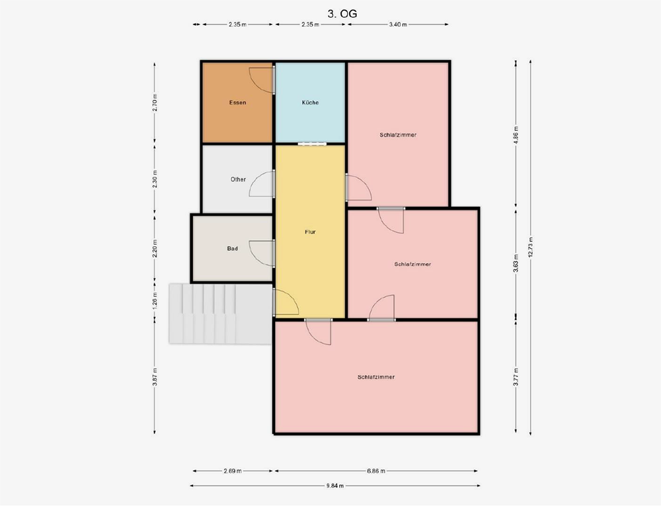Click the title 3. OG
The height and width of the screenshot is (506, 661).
pos(342,13)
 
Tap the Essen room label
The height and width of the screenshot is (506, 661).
pos(237,103)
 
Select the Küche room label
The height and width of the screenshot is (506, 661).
pos(310,103)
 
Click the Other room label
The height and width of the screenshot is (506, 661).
pos(238,179)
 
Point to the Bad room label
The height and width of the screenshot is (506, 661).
pos(232,249)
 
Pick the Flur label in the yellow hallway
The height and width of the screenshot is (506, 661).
pos(310,232)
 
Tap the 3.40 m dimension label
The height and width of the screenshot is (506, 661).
pos(398,24)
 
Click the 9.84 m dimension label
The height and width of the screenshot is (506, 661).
pos(334,485)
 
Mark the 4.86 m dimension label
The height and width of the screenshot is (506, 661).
pos(516,134)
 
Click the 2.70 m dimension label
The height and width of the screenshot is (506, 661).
pos(155,103)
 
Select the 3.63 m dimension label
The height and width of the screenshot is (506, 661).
pos(516,264)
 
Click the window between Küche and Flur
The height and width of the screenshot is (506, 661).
pos(311,144)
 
